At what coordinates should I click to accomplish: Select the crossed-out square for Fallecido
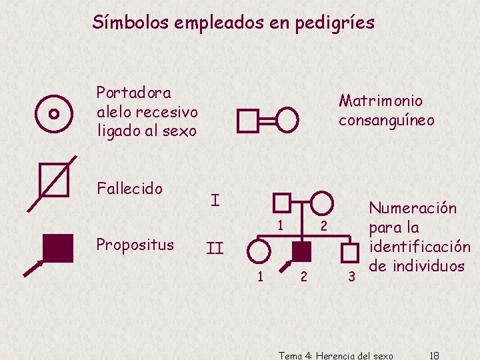pyautogui.click(x=54, y=181)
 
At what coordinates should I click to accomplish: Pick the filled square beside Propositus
pyautogui.click(x=57, y=248)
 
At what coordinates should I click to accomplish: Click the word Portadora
pyautogui.click(x=133, y=92)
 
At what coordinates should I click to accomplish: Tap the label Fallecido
pyautogui.click(x=129, y=189)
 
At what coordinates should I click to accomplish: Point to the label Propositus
pyautogui.click(x=135, y=245)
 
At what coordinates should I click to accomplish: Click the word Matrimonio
pyautogui.click(x=381, y=101)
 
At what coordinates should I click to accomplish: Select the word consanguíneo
pyautogui.click(x=386, y=121)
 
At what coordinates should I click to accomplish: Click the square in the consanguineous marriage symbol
pyautogui.click(x=248, y=121)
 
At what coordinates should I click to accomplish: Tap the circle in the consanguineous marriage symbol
pyautogui.click(x=288, y=120)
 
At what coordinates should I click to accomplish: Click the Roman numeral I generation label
pyautogui.click(x=215, y=199)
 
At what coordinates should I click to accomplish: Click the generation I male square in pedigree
pyautogui.click(x=282, y=202)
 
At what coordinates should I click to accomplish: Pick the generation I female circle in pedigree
pyautogui.click(x=322, y=202)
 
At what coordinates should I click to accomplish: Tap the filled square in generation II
pyautogui.click(x=302, y=251)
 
